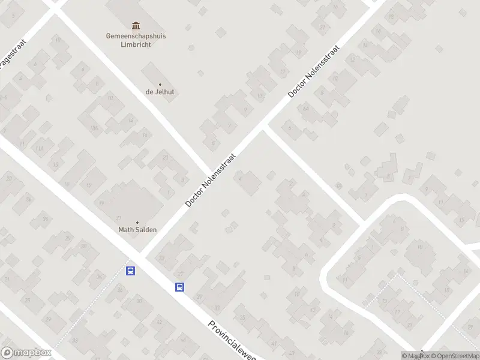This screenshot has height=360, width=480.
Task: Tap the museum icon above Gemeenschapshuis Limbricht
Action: pos(136,25)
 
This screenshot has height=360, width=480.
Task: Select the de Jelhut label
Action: pos(160,92)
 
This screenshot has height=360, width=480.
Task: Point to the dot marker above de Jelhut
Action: pos(160,85)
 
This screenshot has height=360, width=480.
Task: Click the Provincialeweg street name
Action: pos(232,340)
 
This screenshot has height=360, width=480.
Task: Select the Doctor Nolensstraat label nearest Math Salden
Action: pos(211,180)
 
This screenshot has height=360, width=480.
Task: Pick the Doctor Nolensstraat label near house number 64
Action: pos(314,71)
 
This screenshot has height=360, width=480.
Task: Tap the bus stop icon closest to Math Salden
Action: pos(130,271)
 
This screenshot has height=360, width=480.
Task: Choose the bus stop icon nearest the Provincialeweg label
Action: pos(179,287)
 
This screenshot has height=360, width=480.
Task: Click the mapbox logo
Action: pos(26,353)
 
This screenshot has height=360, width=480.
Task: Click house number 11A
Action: pos(40,149)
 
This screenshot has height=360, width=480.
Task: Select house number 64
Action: pos(306,109)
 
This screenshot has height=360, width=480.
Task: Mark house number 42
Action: pos(159,322)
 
